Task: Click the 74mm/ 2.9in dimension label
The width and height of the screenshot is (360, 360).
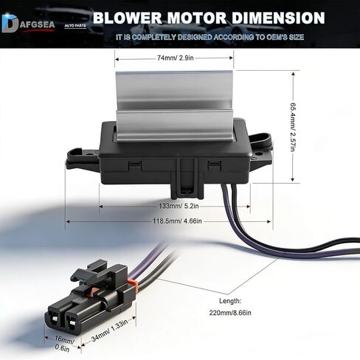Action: pos(176,58)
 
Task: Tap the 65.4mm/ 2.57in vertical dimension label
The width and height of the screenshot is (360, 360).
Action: pos(293,127)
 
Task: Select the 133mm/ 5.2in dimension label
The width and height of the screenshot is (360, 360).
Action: pos(179,206)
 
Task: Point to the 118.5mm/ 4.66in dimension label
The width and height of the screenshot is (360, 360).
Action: pos(177,221)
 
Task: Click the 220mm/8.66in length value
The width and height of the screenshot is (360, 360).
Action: pos(230,313)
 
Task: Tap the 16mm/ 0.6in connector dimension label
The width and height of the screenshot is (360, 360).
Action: pos(63,344)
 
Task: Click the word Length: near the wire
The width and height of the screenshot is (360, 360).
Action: pos(230,301)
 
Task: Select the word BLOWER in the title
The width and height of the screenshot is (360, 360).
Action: pos(128,18)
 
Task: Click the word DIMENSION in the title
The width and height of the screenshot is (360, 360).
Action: pos(278,18)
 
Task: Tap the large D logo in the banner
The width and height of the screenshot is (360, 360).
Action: pos(10,24)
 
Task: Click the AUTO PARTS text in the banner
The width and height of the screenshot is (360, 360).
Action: pos(75,26)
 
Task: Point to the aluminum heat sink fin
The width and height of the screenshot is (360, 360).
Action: pos(175,106)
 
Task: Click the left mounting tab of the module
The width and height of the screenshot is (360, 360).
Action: pos(82,159)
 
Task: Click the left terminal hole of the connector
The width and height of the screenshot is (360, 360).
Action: pos(54,319)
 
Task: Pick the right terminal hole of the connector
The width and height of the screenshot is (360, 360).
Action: pos(72,322)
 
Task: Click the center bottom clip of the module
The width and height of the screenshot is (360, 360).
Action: pos(187,179)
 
